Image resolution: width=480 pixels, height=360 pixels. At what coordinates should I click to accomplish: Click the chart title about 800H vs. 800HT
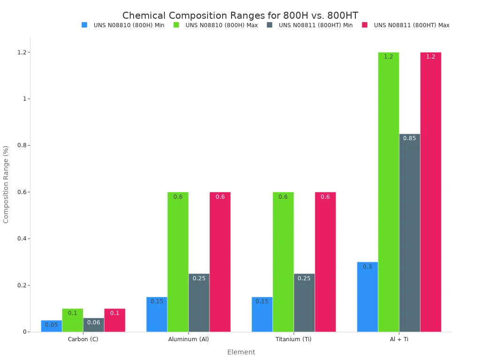pyautogui.click(x=240, y=15)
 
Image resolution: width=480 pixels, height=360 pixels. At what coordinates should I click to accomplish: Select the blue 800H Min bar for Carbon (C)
pyautogui.click(x=51, y=326)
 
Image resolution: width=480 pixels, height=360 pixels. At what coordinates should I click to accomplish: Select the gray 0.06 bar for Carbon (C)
pyautogui.click(x=93, y=325)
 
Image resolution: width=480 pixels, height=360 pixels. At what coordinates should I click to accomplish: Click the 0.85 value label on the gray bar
pyautogui.click(x=409, y=138)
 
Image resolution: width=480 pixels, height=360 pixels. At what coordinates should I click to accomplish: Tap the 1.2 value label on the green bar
pyautogui.click(x=388, y=57)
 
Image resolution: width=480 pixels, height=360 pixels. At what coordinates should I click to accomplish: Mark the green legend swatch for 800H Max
pyautogui.click(x=177, y=25)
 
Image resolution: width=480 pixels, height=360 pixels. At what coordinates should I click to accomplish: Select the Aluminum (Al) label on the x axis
pyautogui.click(x=188, y=339)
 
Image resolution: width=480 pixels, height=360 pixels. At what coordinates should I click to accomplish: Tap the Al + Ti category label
pyautogui.click(x=399, y=339)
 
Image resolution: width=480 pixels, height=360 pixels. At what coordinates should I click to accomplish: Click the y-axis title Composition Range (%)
pyautogui.click(x=6, y=184)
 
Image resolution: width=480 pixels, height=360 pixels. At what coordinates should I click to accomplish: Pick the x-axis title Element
pyautogui.click(x=241, y=352)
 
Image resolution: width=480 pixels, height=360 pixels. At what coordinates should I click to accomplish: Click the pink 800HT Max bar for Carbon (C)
pyautogui.click(x=114, y=320)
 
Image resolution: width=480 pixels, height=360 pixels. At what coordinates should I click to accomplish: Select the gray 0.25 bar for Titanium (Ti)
pyautogui.click(x=304, y=303)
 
